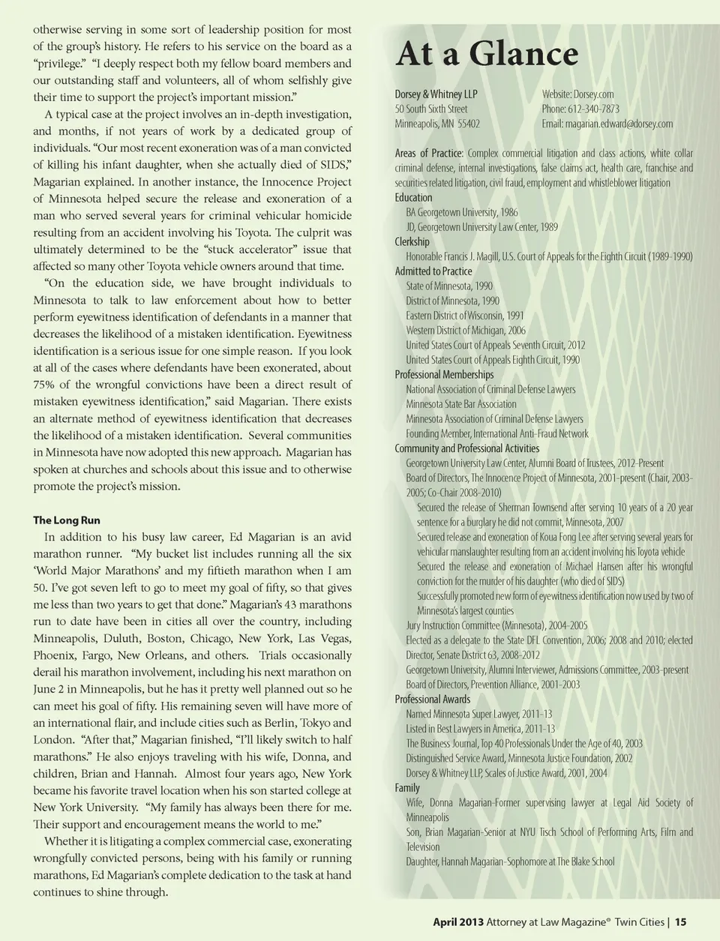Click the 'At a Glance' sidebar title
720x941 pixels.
point(487,54)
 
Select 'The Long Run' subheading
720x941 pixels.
point(67,520)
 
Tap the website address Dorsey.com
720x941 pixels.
point(593,94)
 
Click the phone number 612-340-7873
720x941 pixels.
point(593,109)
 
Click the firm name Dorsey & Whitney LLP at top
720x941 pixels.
point(436,94)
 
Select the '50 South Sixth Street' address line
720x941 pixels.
point(431,109)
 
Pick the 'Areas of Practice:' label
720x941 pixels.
point(429,153)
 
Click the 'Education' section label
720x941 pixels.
point(413,197)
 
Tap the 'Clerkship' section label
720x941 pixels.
point(412,241)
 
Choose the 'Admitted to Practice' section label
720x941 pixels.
point(433,271)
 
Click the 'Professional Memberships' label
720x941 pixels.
point(444,374)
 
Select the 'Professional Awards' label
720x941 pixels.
point(433,699)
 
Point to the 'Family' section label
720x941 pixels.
point(407,787)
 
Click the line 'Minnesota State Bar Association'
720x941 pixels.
point(461,404)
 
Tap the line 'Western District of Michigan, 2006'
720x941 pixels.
point(466,330)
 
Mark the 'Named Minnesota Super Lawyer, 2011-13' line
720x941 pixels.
point(479,714)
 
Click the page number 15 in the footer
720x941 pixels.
point(680,922)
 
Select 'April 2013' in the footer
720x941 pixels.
point(457,922)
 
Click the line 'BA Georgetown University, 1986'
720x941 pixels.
point(462,212)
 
